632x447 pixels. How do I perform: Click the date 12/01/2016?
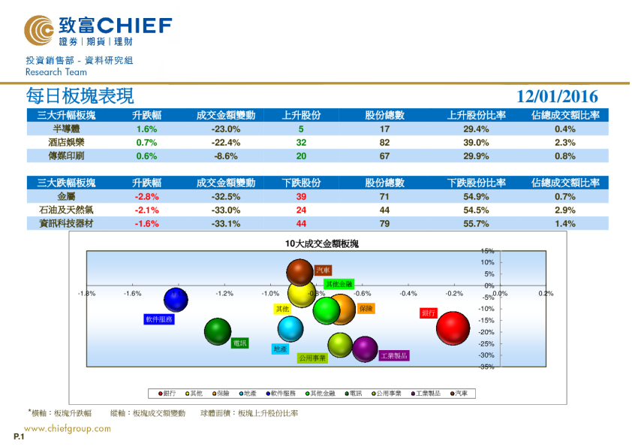[x=557, y=96]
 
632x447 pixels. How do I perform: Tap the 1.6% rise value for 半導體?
[x=146, y=128]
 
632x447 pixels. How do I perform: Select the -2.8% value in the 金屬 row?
[x=146, y=197]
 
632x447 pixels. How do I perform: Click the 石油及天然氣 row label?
[x=66, y=210]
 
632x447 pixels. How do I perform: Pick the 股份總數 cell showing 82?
[x=384, y=142]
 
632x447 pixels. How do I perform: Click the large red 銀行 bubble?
[x=453, y=328]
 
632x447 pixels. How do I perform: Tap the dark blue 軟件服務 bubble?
[x=176, y=299]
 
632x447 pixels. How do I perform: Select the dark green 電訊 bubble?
[x=218, y=331]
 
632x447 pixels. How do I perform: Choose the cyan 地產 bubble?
[x=290, y=328]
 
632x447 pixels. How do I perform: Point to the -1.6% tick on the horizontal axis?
[x=133, y=294]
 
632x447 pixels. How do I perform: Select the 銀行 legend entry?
[x=166, y=393]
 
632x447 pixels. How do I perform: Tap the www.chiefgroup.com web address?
[x=68, y=429]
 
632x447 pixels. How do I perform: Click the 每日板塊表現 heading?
[x=80, y=96]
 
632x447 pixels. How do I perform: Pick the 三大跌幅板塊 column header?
[x=66, y=183]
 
